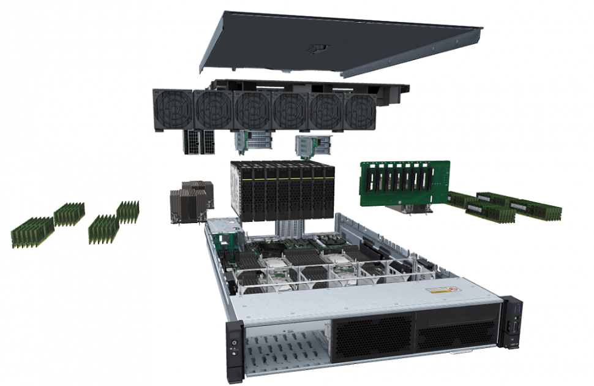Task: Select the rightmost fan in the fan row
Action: coord(360,112)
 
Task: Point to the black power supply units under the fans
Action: coord(199,142)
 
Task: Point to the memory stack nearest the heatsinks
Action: coord(128,212)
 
